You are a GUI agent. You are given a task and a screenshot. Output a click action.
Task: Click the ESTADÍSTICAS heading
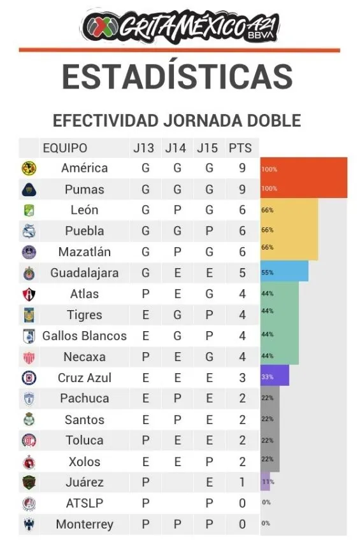point(177,76)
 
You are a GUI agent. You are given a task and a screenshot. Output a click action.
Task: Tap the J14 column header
point(175,148)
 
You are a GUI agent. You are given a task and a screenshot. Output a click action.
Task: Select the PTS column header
point(240,148)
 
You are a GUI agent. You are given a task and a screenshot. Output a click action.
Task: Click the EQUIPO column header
point(65,148)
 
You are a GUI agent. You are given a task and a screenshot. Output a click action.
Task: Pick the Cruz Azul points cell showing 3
point(242,378)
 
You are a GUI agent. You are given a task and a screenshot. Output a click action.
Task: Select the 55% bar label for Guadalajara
point(267,273)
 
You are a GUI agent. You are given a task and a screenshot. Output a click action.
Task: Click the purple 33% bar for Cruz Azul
point(275,376)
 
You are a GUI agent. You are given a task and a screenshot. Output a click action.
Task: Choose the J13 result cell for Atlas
point(145,294)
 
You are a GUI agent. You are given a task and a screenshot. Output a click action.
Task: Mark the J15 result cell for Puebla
point(209,231)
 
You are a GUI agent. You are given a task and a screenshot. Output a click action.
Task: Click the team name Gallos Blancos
point(84,336)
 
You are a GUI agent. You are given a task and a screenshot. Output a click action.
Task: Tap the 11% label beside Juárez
point(266,482)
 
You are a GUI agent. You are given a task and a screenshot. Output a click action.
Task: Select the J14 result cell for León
point(177,210)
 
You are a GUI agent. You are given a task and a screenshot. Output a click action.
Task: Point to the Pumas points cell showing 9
point(242,189)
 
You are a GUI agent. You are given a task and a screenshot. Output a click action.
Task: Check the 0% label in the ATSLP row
point(266,502)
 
